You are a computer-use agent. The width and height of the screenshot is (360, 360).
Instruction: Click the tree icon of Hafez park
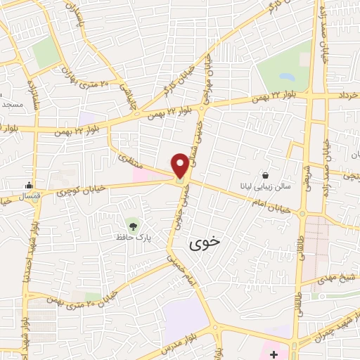click(131, 226)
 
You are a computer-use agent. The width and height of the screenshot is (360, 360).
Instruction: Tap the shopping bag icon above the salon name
click(265, 174)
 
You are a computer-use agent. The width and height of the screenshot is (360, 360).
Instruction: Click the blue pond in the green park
click(287, 75)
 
